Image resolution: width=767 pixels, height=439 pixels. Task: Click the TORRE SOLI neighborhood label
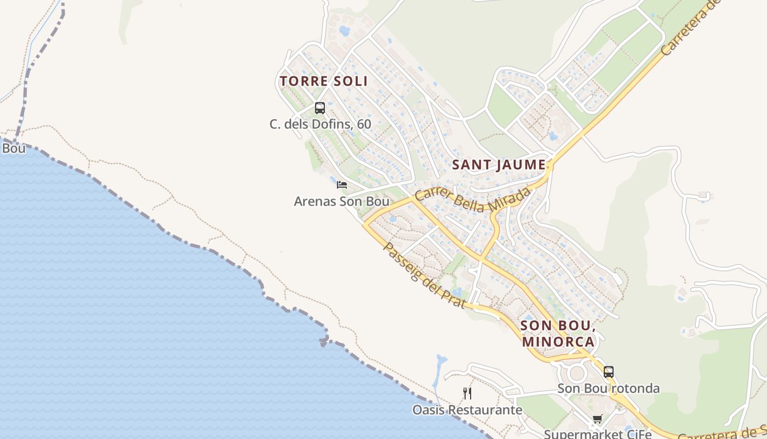[323, 81]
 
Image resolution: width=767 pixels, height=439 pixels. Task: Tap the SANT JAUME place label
[499, 165]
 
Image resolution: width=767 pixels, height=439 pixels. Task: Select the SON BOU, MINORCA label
[558, 334]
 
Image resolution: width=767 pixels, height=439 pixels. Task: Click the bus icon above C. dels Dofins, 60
[320, 108]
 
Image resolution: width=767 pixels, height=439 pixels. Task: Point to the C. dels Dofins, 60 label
[320, 125]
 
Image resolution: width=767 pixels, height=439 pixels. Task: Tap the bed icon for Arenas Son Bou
[342, 185]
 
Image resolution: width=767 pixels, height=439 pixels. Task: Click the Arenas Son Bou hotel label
[341, 201]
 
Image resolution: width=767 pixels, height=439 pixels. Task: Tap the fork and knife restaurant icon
[467, 393]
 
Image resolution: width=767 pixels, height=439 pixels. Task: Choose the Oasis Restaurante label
[467, 410]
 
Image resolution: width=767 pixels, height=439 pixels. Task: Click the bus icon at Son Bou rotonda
[608, 372]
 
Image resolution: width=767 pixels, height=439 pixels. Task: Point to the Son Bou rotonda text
[608, 389]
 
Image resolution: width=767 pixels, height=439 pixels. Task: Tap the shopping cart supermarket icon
[597, 420]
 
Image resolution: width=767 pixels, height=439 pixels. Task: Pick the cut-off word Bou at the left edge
[13, 149]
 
